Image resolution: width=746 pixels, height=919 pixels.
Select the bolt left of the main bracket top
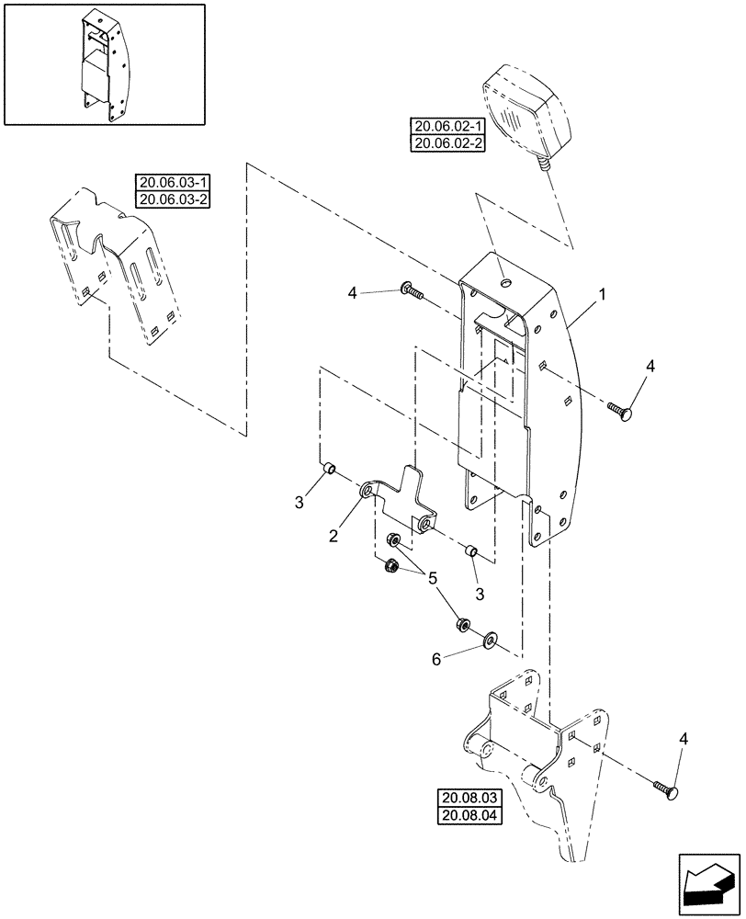(x=411, y=293)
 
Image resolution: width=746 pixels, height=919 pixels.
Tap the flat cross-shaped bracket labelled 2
(x=399, y=504)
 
